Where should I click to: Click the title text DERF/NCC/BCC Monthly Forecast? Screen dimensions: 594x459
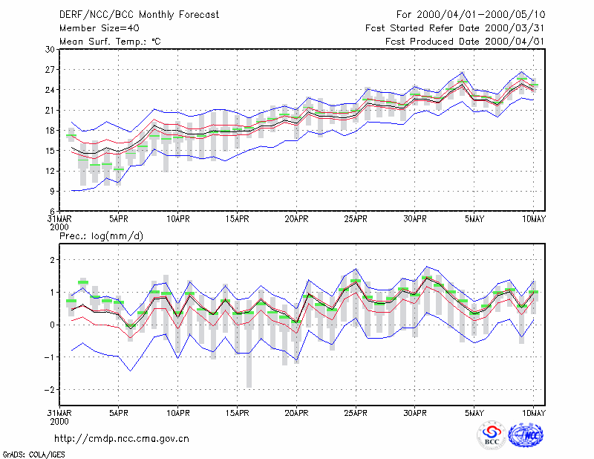click(x=139, y=15)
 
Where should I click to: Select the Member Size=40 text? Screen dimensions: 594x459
click(x=99, y=28)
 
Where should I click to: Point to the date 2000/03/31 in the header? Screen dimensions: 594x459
click(x=515, y=28)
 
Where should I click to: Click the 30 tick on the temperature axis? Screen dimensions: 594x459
click(x=50, y=49)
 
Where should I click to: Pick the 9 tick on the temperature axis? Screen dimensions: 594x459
click(x=52, y=191)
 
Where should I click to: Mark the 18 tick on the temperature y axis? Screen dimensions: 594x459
click(x=50, y=131)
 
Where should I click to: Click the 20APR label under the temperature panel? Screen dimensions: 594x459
click(x=296, y=219)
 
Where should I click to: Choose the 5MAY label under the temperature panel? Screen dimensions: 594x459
click(x=474, y=219)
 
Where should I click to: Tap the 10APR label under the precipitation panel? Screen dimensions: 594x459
click(x=178, y=413)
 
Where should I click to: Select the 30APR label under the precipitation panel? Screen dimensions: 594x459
click(x=415, y=413)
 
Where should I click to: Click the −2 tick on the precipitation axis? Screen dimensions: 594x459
click(x=49, y=390)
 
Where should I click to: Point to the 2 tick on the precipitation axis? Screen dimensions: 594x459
click(x=52, y=260)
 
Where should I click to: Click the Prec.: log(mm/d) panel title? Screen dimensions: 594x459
click(x=101, y=236)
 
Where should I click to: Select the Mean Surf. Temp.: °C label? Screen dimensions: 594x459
click(x=110, y=42)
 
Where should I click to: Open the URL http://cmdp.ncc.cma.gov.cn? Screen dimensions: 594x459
click(x=122, y=439)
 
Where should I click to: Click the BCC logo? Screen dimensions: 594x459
click(x=492, y=436)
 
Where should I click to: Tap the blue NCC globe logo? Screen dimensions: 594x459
click(x=526, y=435)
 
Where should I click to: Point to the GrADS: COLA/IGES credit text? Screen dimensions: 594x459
click(x=33, y=455)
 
